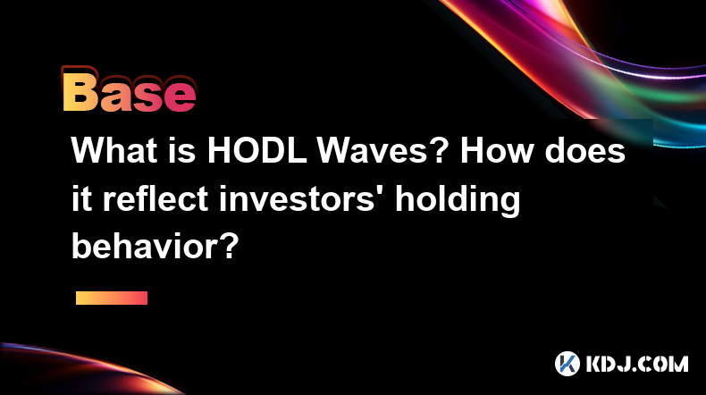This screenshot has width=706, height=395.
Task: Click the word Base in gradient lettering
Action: (x=130, y=92)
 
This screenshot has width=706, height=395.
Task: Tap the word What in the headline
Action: (x=114, y=150)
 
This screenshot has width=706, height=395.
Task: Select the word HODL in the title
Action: (x=256, y=150)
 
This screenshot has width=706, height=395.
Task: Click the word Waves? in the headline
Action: (x=382, y=150)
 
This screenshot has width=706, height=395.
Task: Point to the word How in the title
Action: (x=497, y=150)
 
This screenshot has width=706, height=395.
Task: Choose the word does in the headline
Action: (x=584, y=150)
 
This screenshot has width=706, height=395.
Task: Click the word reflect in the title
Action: (x=155, y=198)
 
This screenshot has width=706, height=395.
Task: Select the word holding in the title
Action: (x=458, y=201)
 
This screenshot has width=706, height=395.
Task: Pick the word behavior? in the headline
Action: (x=155, y=247)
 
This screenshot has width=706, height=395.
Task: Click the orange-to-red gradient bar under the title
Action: (x=112, y=298)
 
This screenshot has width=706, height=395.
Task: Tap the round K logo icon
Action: (x=567, y=364)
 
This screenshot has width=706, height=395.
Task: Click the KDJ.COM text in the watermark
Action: (x=637, y=364)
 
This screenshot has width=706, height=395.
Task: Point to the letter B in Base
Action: (x=80, y=92)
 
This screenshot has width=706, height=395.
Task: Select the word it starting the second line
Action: (x=81, y=198)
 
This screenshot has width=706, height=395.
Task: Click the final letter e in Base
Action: (x=181, y=97)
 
